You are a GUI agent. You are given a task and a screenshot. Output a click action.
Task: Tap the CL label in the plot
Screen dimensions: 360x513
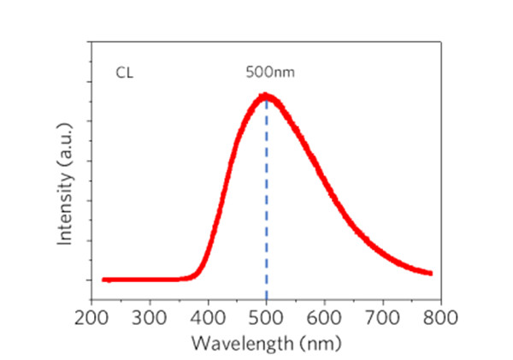[125, 74]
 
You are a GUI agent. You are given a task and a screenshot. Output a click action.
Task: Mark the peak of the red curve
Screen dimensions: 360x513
[266, 96]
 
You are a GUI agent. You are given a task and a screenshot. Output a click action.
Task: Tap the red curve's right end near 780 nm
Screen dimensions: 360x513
[429, 272]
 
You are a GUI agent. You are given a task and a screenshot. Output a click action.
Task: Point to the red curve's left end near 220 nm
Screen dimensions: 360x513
[104, 279]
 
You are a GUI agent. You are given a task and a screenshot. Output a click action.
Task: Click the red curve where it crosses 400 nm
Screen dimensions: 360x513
[209, 246]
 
